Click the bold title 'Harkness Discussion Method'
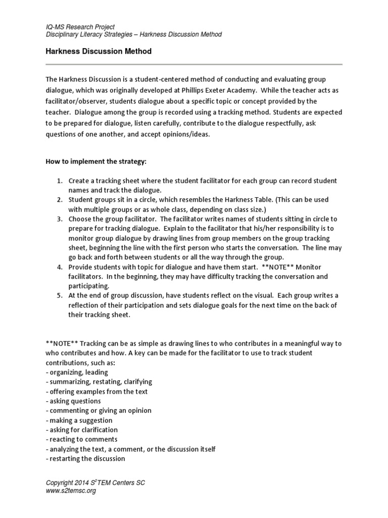[99, 52]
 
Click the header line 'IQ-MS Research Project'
[80, 27]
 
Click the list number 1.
[59, 181]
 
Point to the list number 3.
[59, 219]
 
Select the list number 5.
[59, 295]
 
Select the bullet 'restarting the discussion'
[85, 459]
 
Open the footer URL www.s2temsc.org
[71, 491]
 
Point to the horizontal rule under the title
[194, 65]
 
